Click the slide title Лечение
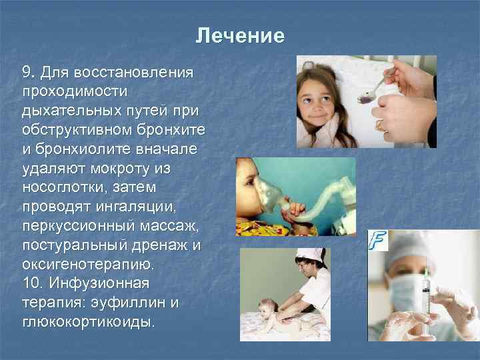(240, 35)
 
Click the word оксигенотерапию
(88, 265)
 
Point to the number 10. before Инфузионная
(33, 283)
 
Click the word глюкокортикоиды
(88, 322)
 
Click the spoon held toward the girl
(377, 91)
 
